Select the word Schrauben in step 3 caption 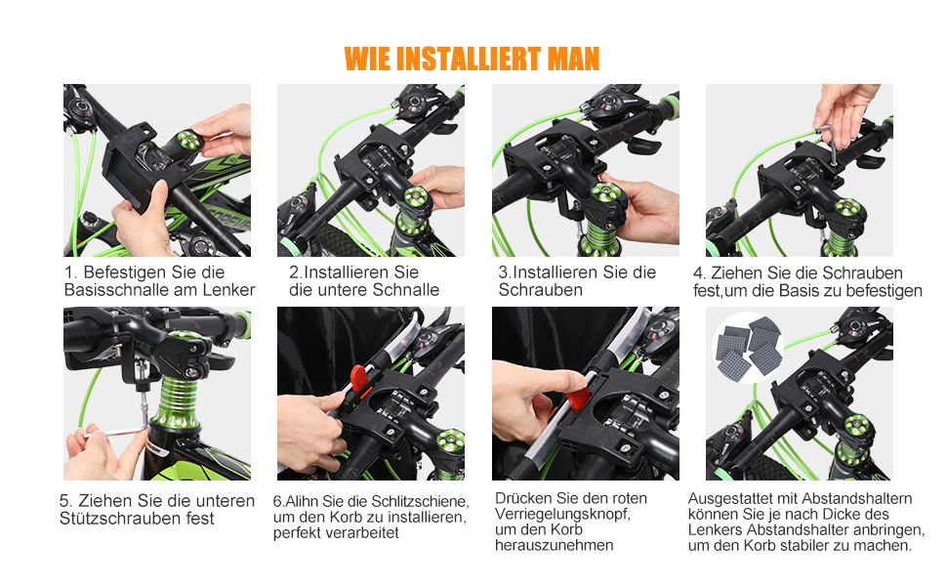[x=541, y=290]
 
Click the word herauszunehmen [x=554, y=546]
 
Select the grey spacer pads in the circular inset [x=748, y=347]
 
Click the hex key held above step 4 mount [x=827, y=143]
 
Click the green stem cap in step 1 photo [x=189, y=141]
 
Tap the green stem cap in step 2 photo [x=416, y=197]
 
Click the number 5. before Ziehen [x=65, y=501]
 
